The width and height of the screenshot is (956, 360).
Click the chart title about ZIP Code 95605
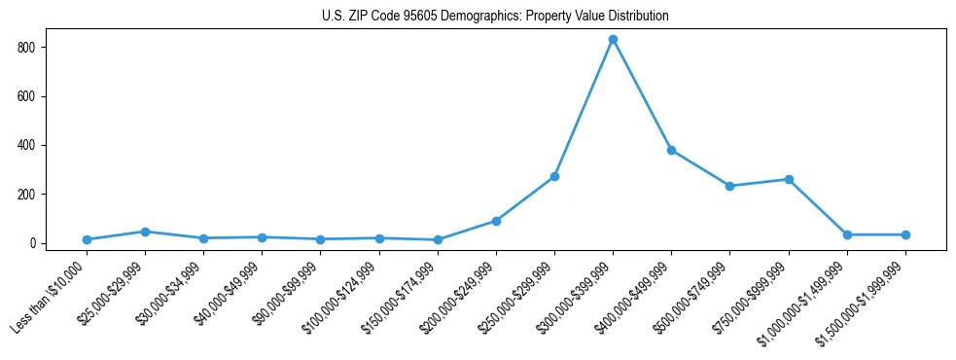495,17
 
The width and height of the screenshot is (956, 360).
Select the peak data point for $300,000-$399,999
613,40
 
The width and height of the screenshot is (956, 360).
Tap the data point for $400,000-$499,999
671,150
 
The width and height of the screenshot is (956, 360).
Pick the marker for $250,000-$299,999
554,176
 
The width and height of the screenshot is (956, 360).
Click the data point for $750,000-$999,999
789,179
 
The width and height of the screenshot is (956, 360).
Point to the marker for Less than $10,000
87,239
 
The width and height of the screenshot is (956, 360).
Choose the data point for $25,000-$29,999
145,232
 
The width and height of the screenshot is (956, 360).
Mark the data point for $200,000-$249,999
496,221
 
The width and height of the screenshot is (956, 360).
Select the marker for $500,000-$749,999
729,186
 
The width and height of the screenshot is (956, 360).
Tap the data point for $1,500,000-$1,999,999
905,234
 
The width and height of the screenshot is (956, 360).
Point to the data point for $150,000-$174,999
438,239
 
